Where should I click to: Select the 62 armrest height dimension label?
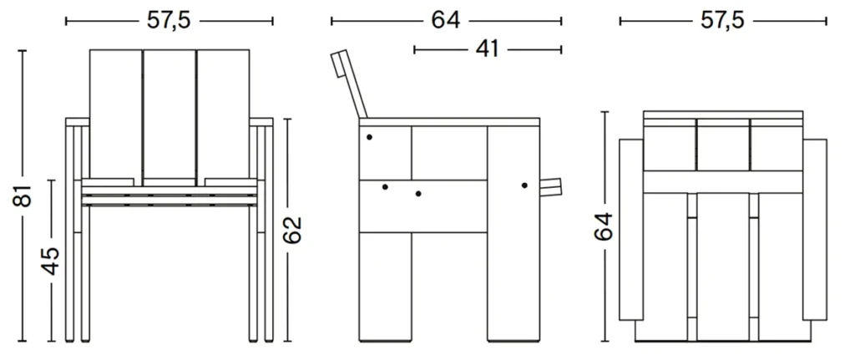291,230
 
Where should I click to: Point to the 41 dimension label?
487,50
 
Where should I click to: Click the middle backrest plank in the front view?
170,117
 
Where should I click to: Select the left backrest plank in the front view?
116,117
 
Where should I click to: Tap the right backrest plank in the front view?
225,117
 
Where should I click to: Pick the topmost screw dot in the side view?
369,136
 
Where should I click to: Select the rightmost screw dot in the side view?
524,185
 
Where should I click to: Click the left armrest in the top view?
631,230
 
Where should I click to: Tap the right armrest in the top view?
814,230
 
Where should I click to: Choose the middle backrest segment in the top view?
723,144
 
